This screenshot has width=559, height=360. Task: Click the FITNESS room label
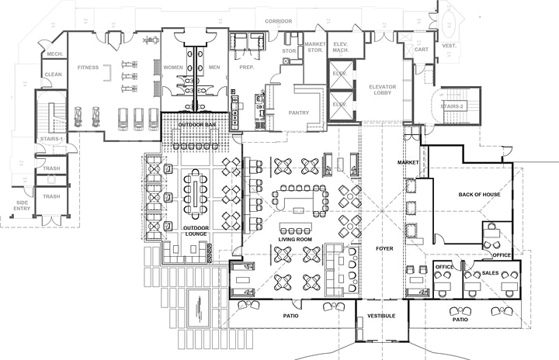tap(88, 67)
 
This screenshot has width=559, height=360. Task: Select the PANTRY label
tap(298, 112)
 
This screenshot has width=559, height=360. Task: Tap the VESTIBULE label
tap(380, 316)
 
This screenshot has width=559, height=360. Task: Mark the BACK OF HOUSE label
tap(479, 194)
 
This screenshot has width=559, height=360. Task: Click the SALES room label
tap(490, 273)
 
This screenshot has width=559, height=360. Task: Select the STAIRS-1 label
tap(51, 139)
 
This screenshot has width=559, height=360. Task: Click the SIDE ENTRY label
tap(22, 205)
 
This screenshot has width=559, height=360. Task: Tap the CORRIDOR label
tap(278, 21)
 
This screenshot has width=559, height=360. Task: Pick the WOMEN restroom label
tap(173, 67)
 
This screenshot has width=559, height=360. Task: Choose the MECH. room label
tap(54, 54)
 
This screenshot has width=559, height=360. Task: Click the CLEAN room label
tap(53, 74)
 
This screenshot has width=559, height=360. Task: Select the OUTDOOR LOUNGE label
tap(195, 231)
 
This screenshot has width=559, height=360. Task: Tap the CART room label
tap(422, 49)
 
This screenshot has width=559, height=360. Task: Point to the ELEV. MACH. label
tap(339, 47)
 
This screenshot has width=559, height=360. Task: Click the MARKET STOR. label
tap(314, 47)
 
